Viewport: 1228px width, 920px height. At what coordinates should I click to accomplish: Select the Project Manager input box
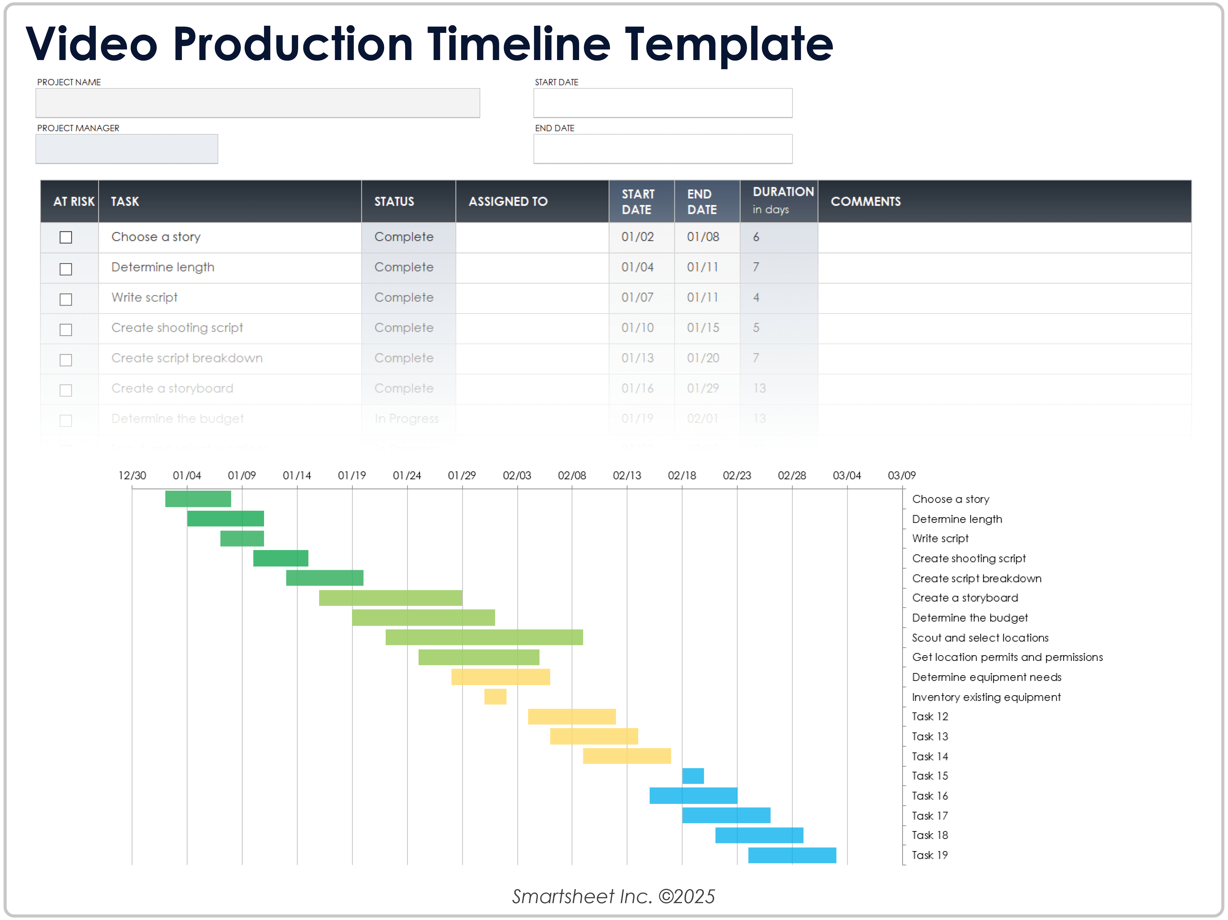tap(126, 149)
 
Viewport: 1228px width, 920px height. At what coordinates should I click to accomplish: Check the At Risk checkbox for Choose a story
tap(66, 237)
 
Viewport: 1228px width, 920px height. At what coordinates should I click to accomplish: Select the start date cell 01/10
tap(637, 328)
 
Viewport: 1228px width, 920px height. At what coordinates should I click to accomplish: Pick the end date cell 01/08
tap(702, 237)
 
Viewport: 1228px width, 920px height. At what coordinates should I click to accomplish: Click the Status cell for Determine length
tap(404, 267)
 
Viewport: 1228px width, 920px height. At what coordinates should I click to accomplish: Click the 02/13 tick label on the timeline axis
tap(627, 476)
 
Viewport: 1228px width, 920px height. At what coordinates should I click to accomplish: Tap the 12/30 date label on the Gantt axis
tap(132, 476)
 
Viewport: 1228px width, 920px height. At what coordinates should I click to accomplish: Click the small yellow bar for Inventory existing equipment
tap(495, 696)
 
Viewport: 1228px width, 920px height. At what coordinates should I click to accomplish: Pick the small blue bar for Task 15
tap(693, 776)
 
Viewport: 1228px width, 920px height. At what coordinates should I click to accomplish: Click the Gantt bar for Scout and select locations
tap(484, 637)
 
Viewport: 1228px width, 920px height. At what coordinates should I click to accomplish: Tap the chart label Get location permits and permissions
tap(1007, 657)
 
